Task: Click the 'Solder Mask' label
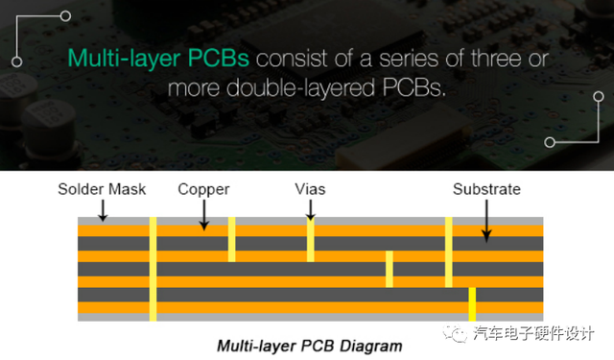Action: click(x=102, y=189)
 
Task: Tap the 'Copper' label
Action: click(x=203, y=190)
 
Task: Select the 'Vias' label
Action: click(x=310, y=189)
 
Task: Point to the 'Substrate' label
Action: click(x=486, y=189)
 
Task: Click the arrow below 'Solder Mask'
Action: click(x=103, y=211)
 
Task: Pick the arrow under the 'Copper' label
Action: click(x=203, y=215)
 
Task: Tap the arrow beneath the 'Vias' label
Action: click(x=311, y=210)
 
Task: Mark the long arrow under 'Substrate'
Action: click(x=486, y=222)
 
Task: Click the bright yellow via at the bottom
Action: click(x=472, y=304)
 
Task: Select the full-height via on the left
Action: click(x=153, y=269)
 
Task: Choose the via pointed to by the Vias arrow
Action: click(x=311, y=239)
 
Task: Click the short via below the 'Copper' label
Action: click(x=232, y=239)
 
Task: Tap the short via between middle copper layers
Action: click(x=390, y=269)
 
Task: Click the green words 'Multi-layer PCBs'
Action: click(x=158, y=59)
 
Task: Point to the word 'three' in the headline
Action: click(x=496, y=59)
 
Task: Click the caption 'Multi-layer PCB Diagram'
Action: click(x=310, y=346)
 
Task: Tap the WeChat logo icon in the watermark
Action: click(x=456, y=334)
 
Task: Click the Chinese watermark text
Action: click(x=533, y=334)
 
